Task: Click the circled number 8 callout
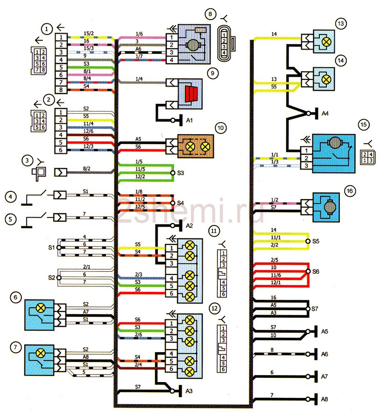click(210, 14)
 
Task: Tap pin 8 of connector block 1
click(61, 90)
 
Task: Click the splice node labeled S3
click(173, 173)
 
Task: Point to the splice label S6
click(316, 272)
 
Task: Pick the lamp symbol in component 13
click(326, 42)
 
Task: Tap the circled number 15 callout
click(364, 125)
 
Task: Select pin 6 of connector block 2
click(61, 150)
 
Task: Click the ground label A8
click(325, 399)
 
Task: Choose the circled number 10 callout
click(221, 128)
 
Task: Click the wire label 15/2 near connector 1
click(89, 33)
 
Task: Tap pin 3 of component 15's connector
click(306, 166)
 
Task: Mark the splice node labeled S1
click(59, 248)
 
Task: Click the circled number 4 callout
click(10, 197)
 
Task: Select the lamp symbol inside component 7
click(41, 353)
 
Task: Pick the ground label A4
click(325, 114)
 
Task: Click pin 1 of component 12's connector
click(171, 323)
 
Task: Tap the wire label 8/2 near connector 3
click(86, 169)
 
